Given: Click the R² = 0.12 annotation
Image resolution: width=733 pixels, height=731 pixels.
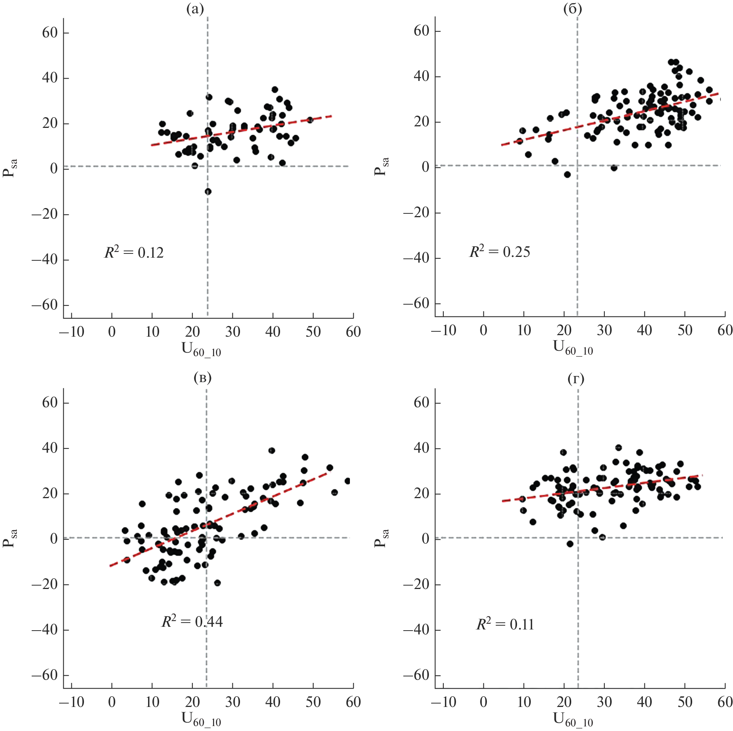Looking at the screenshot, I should coord(134,252).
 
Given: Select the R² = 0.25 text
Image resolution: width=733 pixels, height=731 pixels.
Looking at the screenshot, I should coord(499,252).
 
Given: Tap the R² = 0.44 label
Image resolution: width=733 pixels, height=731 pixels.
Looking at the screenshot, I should coord(192,621).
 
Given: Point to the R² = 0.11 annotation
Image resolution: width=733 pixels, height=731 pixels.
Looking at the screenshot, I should coord(505,624).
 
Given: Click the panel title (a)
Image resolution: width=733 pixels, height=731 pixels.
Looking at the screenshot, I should coord(195,8).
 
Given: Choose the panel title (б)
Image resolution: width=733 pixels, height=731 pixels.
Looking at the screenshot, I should coord(572,8).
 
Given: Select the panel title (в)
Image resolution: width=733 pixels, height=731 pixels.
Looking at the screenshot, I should coord(202,378).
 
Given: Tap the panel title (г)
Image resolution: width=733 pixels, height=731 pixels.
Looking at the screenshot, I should coord(576,379).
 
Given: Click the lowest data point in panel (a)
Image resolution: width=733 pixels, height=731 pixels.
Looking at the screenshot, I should coord(208,191).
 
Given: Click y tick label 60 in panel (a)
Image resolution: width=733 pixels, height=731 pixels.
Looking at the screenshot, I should coord(50,33).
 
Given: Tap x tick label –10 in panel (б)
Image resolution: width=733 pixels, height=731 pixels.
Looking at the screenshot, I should coord(443,330).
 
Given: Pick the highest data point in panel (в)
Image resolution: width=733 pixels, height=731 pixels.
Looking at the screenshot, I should coord(272,450).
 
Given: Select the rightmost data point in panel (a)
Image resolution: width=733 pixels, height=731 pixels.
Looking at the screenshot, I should coord(310,120).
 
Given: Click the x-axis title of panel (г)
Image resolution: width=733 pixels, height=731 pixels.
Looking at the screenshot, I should coord(573,720).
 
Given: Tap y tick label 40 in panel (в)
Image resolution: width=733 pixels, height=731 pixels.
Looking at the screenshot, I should coord(50,448).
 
